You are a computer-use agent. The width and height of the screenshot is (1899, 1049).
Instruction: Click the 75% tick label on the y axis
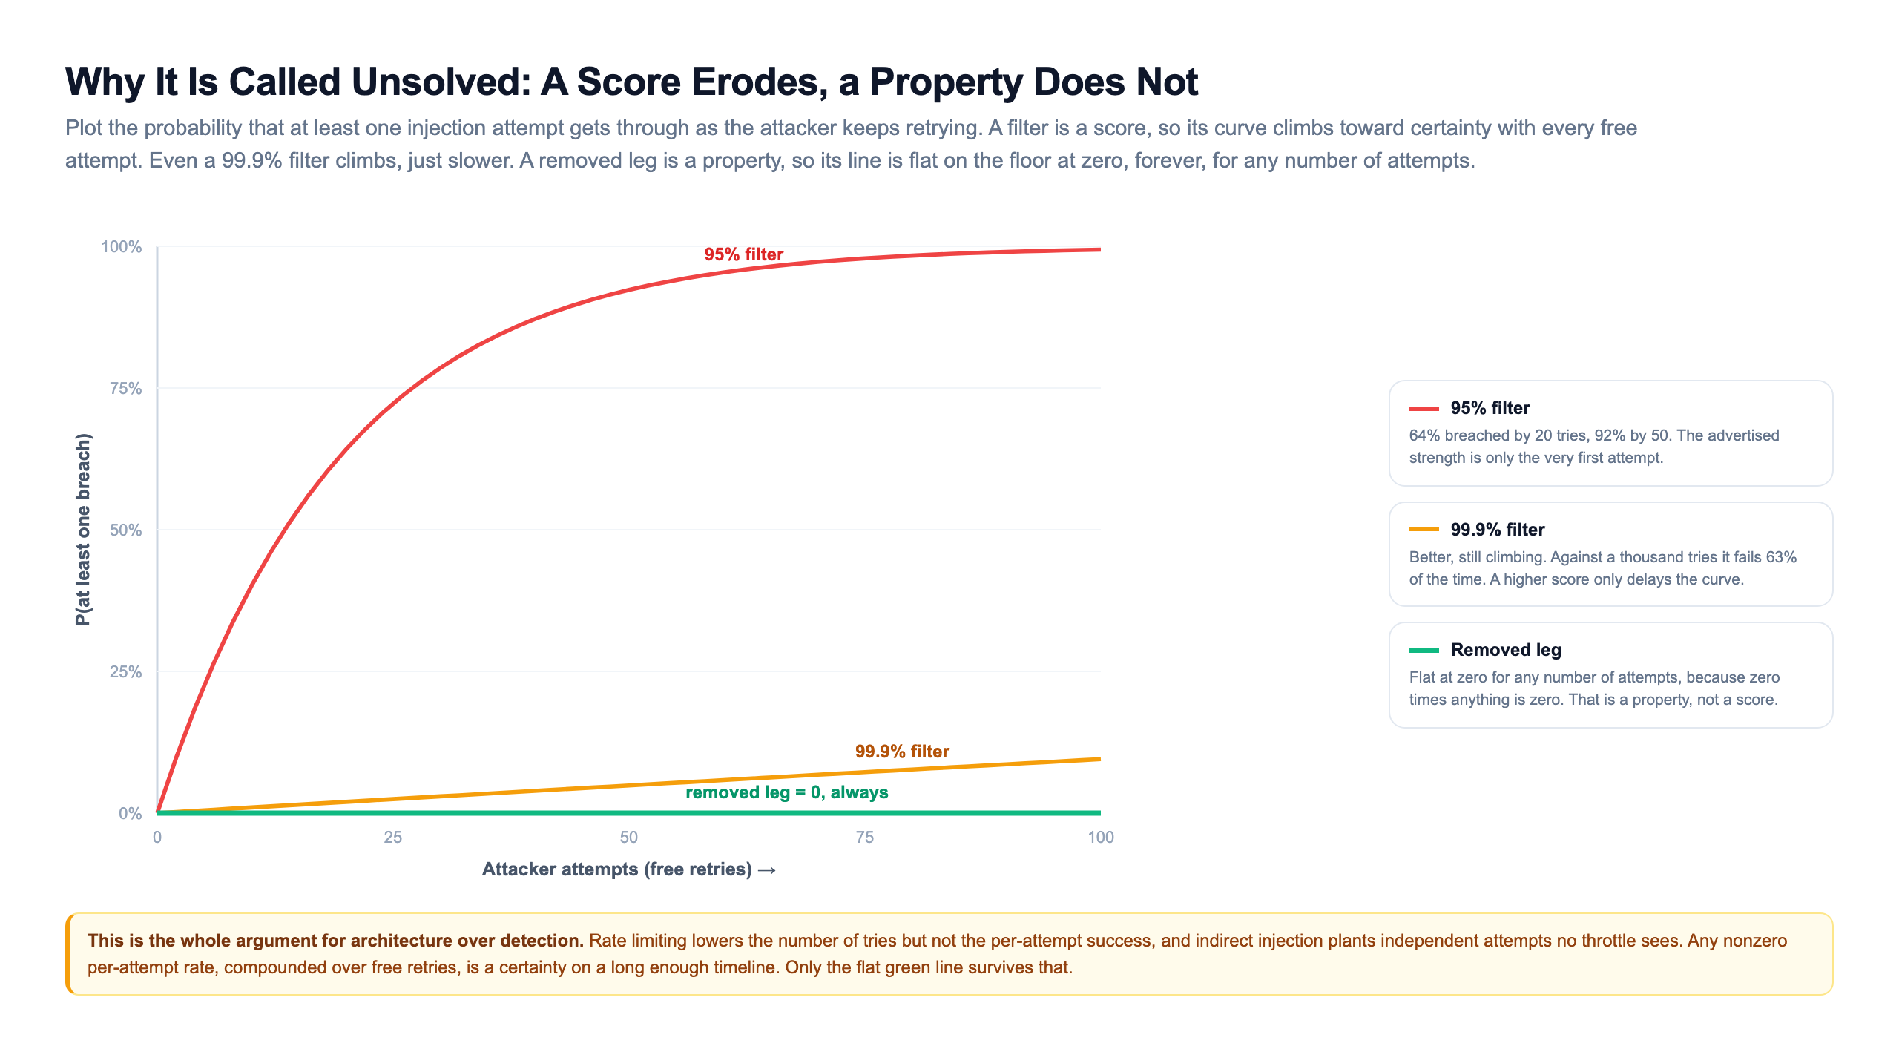pyautogui.click(x=125, y=389)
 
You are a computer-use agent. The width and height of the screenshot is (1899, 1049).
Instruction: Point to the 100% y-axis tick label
pyautogui.click(x=122, y=247)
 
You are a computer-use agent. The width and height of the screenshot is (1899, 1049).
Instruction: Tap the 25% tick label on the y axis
pyautogui.click(x=125, y=672)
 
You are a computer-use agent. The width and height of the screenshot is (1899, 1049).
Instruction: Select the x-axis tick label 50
pyautogui.click(x=629, y=838)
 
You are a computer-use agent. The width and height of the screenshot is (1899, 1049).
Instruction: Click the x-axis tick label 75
pyautogui.click(x=865, y=838)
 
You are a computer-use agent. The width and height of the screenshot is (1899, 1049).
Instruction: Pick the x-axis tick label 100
pyautogui.click(x=1101, y=838)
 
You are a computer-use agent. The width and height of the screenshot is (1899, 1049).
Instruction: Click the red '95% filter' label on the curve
pyautogui.click(x=743, y=254)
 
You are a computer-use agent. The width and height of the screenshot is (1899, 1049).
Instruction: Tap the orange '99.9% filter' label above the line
pyautogui.click(x=902, y=752)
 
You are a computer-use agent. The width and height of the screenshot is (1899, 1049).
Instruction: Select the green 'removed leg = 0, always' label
pyautogui.click(x=787, y=792)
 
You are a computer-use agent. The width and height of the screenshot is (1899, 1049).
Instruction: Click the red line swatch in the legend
pyautogui.click(x=1424, y=409)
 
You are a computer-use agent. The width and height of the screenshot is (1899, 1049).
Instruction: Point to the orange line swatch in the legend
pyautogui.click(x=1424, y=530)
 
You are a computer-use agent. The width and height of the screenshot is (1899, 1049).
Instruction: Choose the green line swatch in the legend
pyautogui.click(x=1424, y=651)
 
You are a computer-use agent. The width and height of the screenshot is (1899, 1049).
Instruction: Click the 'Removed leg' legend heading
pyautogui.click(x=1506, y=650)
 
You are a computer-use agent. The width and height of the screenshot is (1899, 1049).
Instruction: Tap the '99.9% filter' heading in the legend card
pyautogui.click(x=1498, y=530)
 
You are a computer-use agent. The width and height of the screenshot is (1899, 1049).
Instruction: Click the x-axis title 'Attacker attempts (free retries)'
pyautogui.click(x=617, y=869)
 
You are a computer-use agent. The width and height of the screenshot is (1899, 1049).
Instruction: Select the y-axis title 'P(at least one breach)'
pyautogui.click(x=83, y=530)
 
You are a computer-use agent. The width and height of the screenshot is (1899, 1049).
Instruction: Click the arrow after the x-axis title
pyautogui.click(x=767, y=870)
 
